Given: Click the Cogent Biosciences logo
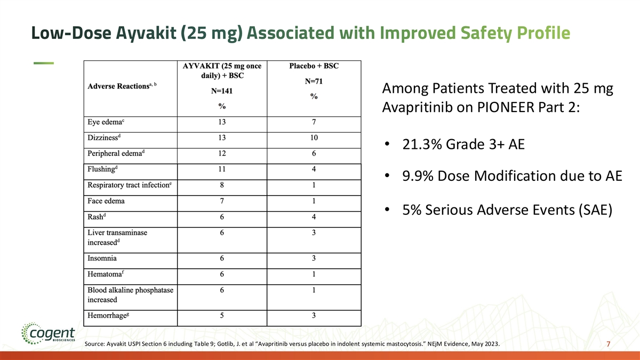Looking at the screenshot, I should click(45, 335).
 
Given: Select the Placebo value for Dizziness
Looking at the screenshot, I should click(314, 138).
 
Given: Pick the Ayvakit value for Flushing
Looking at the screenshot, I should click(222, 170).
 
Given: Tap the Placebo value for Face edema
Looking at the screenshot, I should click(314, 202).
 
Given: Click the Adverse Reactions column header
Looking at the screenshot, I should click(118, 87).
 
